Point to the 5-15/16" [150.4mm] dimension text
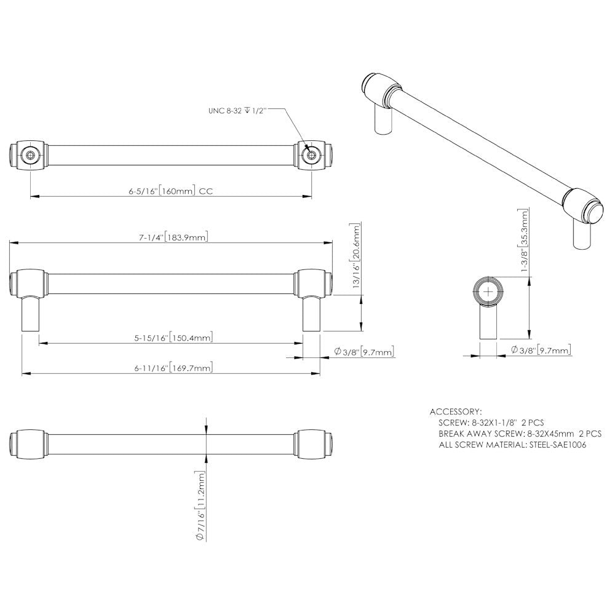point(172,338)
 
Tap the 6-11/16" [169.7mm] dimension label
point(172,368)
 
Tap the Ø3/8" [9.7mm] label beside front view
point(363,351)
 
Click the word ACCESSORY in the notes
point(456,411)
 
